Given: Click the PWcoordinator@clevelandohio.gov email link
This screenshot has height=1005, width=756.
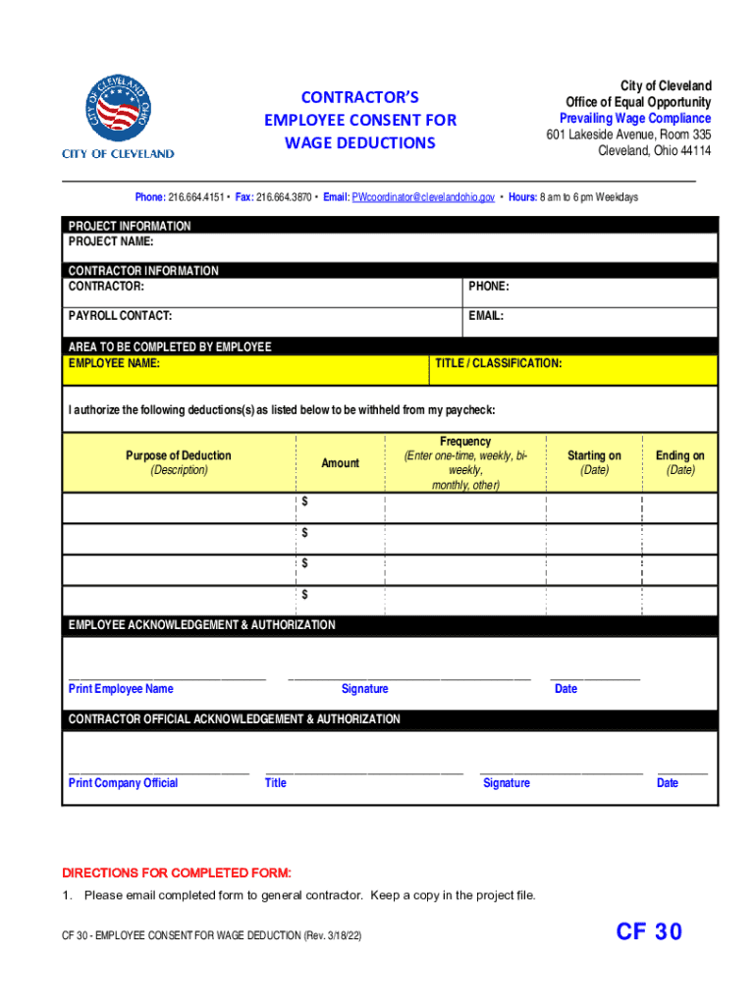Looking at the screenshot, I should [x=423, y=197].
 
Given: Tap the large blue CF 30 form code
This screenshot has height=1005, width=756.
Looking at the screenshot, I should [x=649, y=931].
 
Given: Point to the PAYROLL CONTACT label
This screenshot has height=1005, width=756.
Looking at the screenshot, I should [x=120, y=316].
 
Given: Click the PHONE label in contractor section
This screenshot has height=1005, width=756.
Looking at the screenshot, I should [x=488, y=287].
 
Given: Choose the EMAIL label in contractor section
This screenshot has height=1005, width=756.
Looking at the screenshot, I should [x=486, y=316].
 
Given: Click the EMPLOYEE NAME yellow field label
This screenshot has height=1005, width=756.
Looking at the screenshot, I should [x=114, y=364].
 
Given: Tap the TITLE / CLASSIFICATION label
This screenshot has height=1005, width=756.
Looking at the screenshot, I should [x=499, y=364].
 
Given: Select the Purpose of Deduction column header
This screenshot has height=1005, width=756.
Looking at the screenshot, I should [x=179, y=455].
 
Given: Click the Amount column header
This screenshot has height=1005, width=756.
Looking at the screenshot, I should [x=340, y=463].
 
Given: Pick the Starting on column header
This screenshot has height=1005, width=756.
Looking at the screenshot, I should [x=594, y=455].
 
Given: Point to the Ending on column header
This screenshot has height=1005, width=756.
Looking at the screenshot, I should [x=680, y=455].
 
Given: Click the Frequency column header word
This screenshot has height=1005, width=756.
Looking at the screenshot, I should [x=465, y=442].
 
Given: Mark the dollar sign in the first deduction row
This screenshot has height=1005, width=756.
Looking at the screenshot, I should [x=304, y=502].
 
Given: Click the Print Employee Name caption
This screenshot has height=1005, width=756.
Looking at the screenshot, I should [x=121, y=689].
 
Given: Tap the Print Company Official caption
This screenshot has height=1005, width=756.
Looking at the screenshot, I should [x=123, y=783].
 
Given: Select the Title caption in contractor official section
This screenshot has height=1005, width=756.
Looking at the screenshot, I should [x=276, y=783].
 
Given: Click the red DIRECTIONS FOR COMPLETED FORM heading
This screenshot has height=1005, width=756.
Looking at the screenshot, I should [x=177, y=873].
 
